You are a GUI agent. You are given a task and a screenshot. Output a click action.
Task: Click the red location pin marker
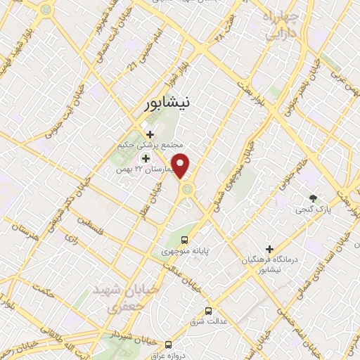tap(181, 166)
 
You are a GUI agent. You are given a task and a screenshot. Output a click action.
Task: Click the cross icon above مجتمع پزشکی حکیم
tap(149, 134)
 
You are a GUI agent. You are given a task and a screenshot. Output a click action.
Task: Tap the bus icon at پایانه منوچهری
tap(184, 239)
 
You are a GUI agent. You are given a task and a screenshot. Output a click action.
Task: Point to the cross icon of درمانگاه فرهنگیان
tap(269, 248)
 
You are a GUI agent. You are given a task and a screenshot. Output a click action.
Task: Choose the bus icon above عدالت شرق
tap(208, 310)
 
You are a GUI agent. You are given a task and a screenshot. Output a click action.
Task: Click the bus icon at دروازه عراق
tap(167, 344)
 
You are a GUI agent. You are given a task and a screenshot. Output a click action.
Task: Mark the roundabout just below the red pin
tap(187, 188)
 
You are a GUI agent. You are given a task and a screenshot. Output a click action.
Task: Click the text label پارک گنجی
tap(310, 210)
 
